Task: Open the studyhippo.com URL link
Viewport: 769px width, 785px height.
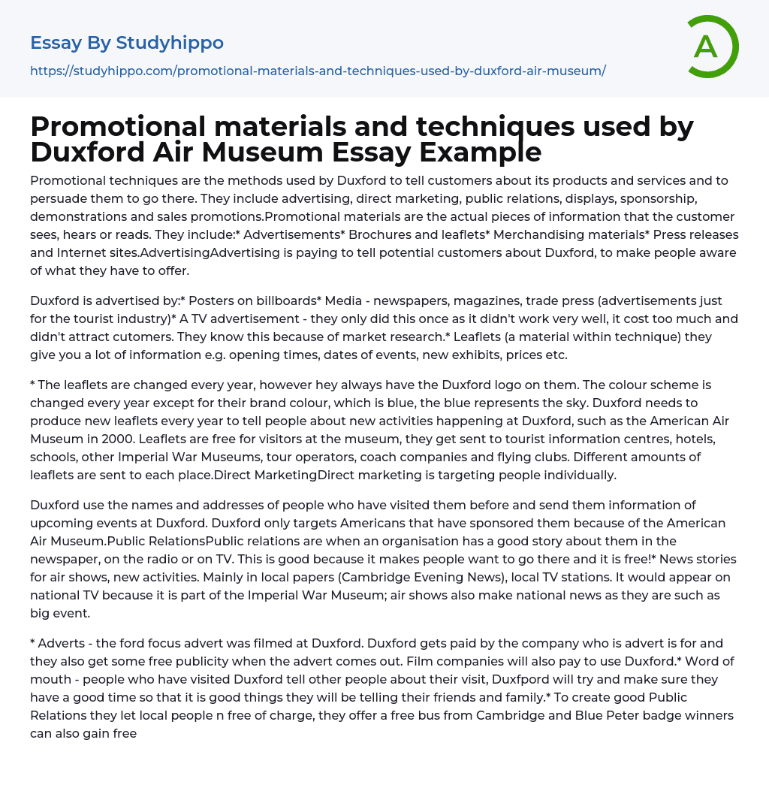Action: point(318,71)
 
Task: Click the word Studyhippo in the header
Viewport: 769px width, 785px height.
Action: point(170,43)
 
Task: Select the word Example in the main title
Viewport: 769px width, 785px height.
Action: point(481,152)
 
